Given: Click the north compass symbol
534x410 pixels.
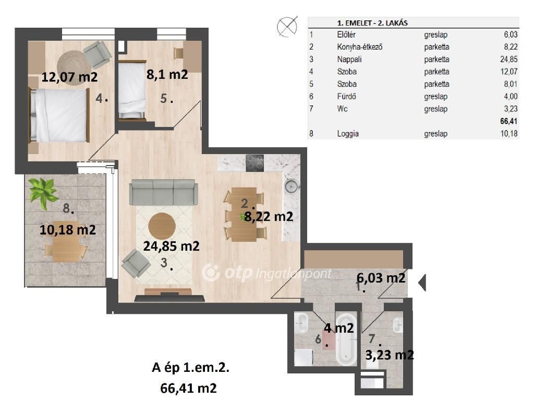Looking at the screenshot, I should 287,26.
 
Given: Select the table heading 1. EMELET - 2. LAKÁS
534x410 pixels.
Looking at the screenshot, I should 372,23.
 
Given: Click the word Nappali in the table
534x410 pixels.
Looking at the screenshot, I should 348,60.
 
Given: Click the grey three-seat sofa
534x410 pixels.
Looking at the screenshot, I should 163,192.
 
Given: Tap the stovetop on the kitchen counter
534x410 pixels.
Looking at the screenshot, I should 254,163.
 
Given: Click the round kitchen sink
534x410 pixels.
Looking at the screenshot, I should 291,185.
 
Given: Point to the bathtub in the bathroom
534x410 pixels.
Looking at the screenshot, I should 346,339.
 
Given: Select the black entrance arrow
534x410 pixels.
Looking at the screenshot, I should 422,282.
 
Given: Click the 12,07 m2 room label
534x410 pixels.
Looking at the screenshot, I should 69,77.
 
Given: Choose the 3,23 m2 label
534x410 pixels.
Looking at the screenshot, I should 389,355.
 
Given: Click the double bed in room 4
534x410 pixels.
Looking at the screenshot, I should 58,115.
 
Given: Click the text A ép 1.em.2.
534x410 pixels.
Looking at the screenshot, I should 190,368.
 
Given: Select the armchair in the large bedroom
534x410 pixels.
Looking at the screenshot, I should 97,54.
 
